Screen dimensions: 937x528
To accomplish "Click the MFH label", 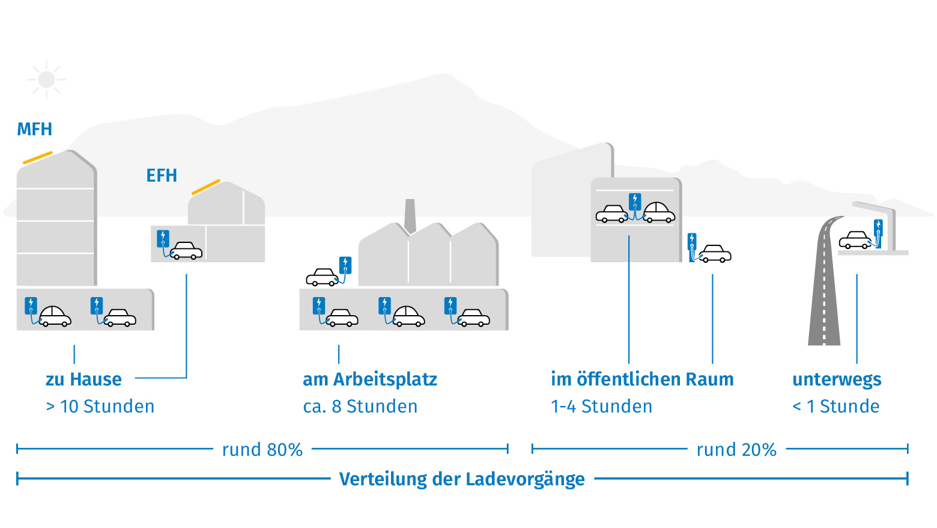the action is coord(34,129).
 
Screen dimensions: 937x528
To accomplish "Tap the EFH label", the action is coord(162,176).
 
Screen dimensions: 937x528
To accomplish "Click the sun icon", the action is coord(46,79).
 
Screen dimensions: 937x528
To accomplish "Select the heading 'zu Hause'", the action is coord(83,379).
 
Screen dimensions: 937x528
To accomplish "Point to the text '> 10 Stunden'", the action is coord(100,406).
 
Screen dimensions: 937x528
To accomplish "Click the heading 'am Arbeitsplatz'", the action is coord(370,379).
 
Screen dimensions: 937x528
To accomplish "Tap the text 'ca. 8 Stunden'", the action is coord(360,406).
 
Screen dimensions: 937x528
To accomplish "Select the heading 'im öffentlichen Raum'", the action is coord(642,379).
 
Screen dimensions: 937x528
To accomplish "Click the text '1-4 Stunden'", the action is coord(601,406).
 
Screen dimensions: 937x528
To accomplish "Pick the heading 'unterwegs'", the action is coord(837,380).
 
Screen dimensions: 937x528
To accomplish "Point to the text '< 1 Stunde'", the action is coord(835,406).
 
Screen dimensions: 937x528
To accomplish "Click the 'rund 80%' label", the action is coord(262,450).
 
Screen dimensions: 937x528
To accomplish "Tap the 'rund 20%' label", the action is coord(736,450).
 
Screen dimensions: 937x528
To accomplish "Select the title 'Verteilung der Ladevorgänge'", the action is coord(462,479).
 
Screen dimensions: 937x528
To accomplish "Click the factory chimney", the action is coord(410,216).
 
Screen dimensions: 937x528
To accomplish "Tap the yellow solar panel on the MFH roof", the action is coord(38,158).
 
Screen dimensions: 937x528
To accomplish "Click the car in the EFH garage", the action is coord(186,250).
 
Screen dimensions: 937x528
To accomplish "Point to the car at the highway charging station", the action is coord(855,240).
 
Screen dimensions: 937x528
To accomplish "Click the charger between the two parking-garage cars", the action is coord(634,202).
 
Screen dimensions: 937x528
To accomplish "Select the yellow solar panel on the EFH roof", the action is coord(206,187).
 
